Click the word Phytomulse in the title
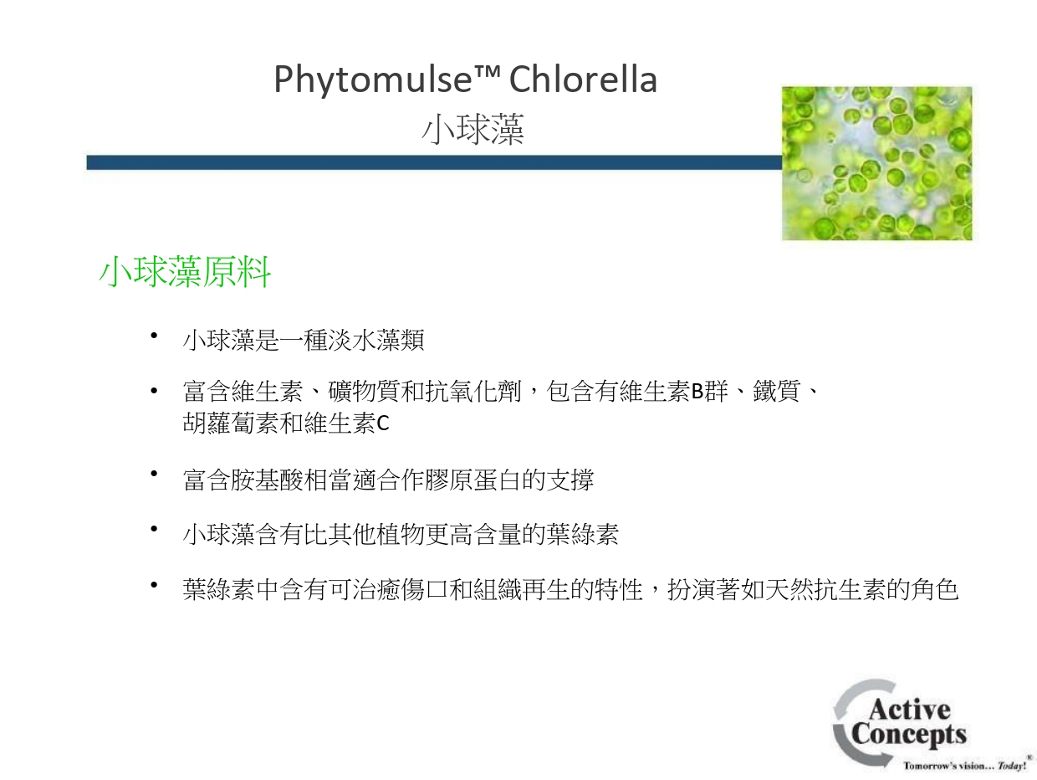pyautogui.click(x=373, y=80)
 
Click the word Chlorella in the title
pyautogui.click(x=583, y=79)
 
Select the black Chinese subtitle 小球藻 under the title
pyautogui.click(x=473, y=129)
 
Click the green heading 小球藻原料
pyautogui.click(x=185, y=272)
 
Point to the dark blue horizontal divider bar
pyautogui.click(x=434, y=162)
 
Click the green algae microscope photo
pyautogui.click(x=876, y=163)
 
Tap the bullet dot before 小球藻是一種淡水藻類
pyautogui.click(x=154, y=336)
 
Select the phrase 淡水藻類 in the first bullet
pyautogui.click(x=376, y=340)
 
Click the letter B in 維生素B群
pyautogui.click(x=697, y=392)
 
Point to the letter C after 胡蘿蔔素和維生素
pyautogui.click(x=383, y=423)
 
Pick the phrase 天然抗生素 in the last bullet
pyautogui.click(x=825, y=589)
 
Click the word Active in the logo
pyautogui.click(x=909, y=709)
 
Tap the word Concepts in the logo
pyautogui.click(x=908, y=736)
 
